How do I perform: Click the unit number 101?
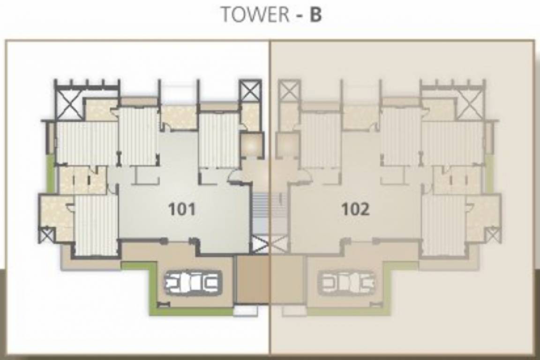(182, 209)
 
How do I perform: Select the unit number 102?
(355, 209)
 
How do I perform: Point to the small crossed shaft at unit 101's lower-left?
(46, 234)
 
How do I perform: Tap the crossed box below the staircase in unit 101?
(260, 244)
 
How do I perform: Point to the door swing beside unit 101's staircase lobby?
(234, 176)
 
